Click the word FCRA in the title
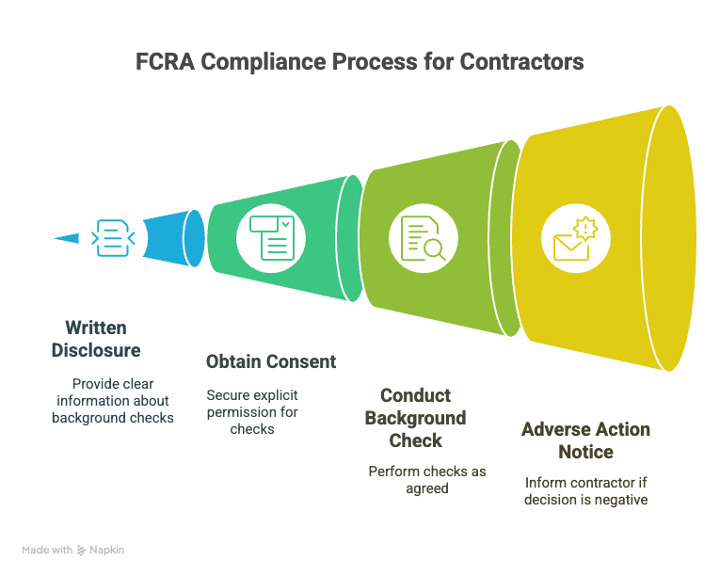(x=166, y=62)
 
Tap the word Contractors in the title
(x=521, y=62)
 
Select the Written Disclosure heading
(x=96, y=339)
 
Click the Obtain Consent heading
(x=271, y=362)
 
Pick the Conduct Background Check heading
(x=416, y=418)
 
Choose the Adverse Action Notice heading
(x=586, y=440)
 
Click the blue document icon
(x=113, y=238)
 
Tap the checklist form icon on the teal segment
(x=271, y=238)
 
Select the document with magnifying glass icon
(x=423, y=238)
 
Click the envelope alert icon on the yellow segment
(x=575, y=238)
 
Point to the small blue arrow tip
(x=55, y=238)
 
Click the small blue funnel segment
(x=173, y=238)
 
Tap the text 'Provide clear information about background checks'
(x=113, y=401)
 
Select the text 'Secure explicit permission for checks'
(x=252, y=412)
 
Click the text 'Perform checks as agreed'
(x=427, y=480)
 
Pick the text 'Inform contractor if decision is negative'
(x=586, y=491)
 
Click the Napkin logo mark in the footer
(x=81, y=551)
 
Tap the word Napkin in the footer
(x=106, y=550)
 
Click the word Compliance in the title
(x=264, y=62)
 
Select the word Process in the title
(x=375, y=62)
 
